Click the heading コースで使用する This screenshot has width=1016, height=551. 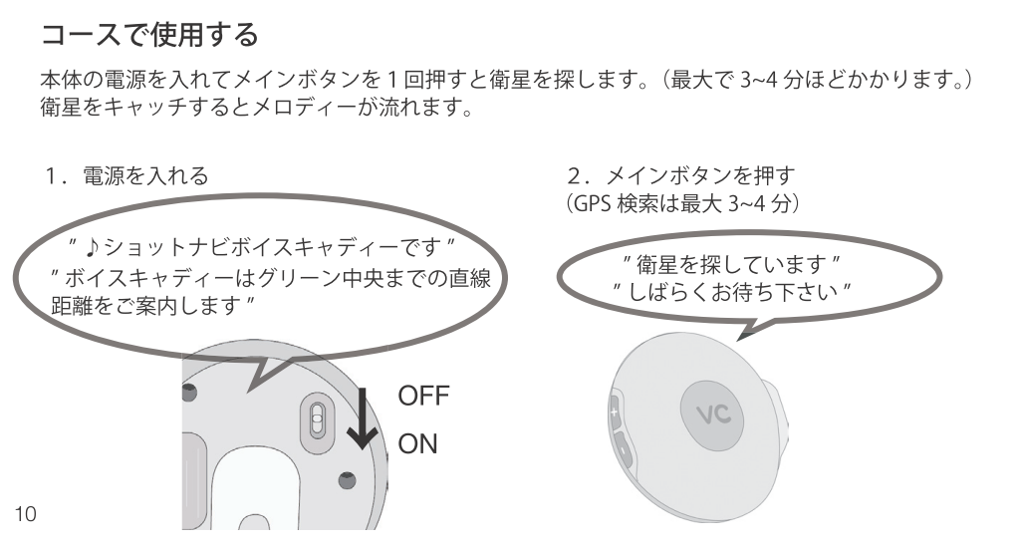(x=149, y=38)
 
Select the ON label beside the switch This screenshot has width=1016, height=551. (x=419, y=443)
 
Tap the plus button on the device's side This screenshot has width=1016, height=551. (x=616, y=410)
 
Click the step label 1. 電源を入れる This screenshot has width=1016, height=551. (x=126, y=176)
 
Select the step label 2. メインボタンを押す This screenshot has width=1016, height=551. (x=680, y=176)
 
